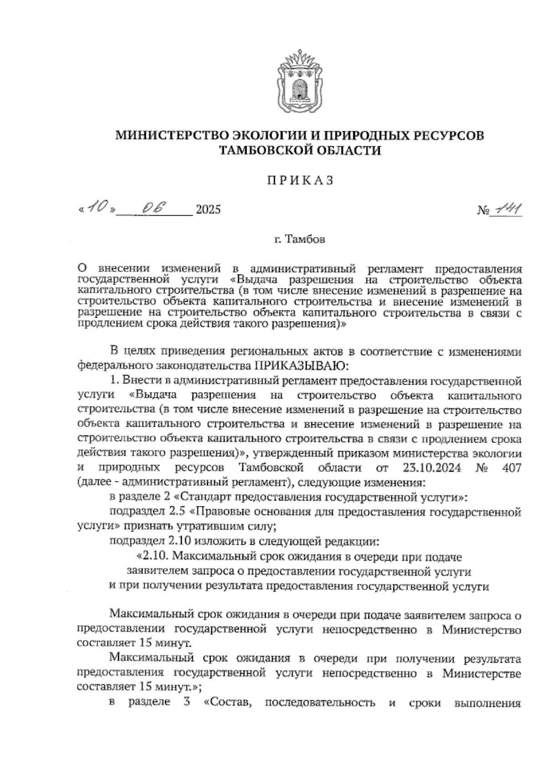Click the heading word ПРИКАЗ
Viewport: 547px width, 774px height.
click(300, 181)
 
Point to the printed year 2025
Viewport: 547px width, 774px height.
click(207, 210)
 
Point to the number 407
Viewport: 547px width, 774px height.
click(510, 468)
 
